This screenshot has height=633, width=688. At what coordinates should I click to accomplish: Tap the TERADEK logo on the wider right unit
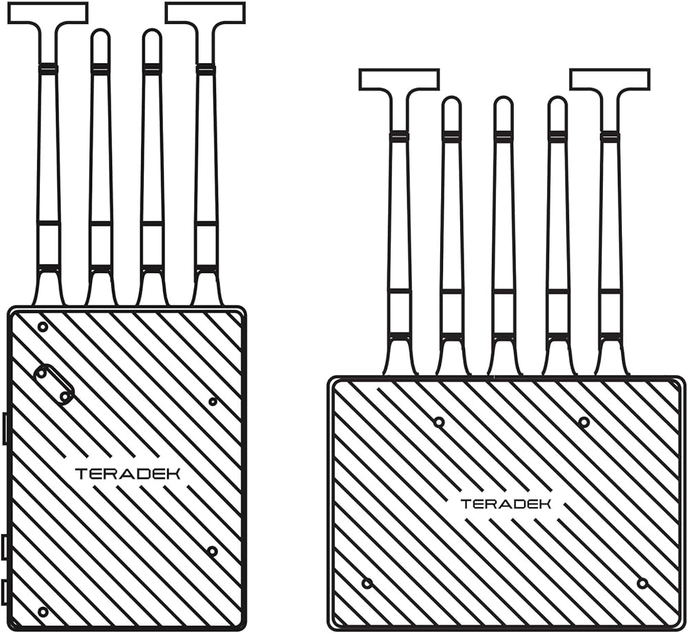506,504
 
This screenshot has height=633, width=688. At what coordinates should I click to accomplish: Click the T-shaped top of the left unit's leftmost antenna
47,13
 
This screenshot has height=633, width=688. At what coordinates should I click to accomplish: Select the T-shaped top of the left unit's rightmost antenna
205,13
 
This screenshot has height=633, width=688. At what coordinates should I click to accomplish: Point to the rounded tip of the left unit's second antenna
100,38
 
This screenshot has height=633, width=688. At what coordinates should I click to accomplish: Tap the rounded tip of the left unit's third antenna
152,38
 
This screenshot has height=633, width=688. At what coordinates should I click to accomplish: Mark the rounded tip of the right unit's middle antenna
504,106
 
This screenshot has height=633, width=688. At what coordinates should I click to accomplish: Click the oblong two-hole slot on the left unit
54,385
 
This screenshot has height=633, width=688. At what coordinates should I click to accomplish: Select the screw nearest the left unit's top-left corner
43,327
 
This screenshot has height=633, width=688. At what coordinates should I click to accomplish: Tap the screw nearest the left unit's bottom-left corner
43,612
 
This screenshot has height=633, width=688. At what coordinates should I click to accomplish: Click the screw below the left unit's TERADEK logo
212,551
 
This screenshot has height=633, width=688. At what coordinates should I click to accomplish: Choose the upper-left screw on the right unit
439,422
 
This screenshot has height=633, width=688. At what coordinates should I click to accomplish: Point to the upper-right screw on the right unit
583,422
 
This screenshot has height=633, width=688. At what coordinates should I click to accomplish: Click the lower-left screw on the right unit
367,583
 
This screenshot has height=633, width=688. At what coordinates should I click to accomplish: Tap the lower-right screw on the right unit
642,583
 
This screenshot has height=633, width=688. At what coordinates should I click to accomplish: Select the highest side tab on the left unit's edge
5,429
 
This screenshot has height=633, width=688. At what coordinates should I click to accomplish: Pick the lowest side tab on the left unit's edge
5,592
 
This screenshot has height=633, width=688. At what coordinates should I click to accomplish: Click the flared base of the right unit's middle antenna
504,361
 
